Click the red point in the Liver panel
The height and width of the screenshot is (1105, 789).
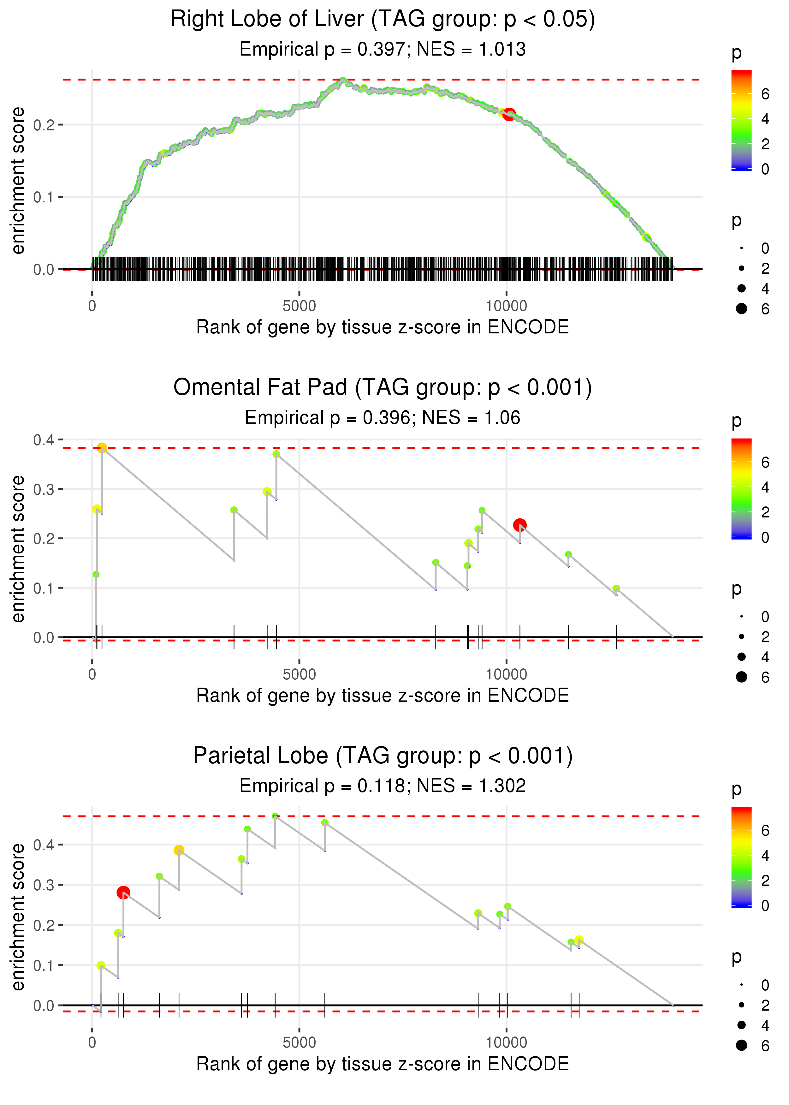pyautogui.click(x=509, y=115)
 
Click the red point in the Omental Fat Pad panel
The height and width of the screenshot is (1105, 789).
pyautogui.click(x=520, y=525)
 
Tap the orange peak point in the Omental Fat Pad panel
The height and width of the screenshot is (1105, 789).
pyautogui.click(x=102, y=448)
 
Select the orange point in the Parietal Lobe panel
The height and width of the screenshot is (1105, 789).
pyautogui.click(x=179, y=850)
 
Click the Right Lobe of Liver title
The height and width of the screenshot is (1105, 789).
pyautogui.click(x=383, y=20)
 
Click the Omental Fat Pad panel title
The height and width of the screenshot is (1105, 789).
pyautogui.click(x=383, y=388)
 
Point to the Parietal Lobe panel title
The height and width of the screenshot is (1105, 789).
pyautogui.click(x=383, y=756)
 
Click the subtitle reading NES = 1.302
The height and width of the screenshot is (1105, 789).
pyautogui.click(x=383, y=786)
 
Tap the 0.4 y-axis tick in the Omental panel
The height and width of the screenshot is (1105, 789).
pyautogui.click(x=44, y=440)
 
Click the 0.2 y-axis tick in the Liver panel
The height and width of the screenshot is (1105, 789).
pyautogui.click(x=44, y=125)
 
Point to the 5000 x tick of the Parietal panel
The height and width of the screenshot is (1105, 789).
pyautogui.click(x=299, y=1042)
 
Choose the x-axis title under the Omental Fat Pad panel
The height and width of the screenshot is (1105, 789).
pyautogui.click(x=383, y=696)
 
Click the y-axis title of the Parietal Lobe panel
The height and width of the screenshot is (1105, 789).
pyautogui.click(x=18, y=917)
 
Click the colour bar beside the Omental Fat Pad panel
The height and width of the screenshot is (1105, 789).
pyautogui.click(x=741, y=488)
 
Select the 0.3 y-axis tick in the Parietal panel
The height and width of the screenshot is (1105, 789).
pyautogui.click(x=44, y=885)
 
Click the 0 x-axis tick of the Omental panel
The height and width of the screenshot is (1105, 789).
pyautogui.click(x=92, y=674)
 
